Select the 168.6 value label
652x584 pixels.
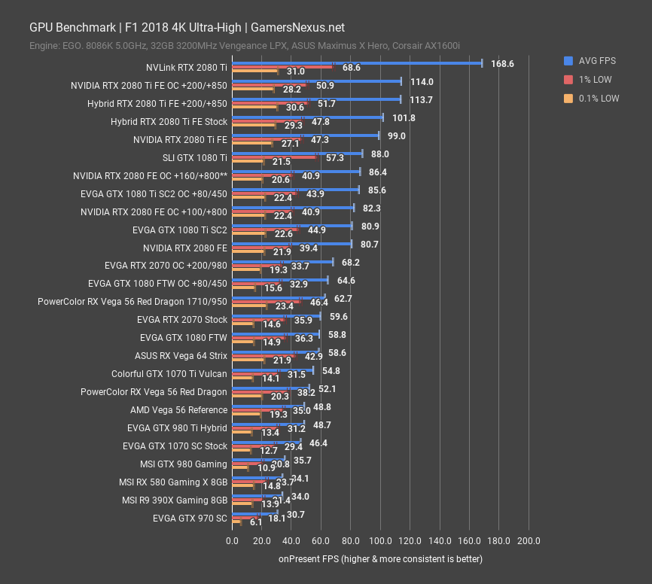tap(502, 64)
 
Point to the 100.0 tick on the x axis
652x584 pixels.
tap(380, 541)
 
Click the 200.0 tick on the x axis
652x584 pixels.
tap(529, 541)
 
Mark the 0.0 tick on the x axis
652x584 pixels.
tap(232, 541)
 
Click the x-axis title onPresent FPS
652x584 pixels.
tap(380, 559)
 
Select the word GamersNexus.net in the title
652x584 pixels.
tap(297, 27)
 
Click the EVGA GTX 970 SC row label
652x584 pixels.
tap(190, 518)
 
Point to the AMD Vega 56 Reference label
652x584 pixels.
tap(178, 410)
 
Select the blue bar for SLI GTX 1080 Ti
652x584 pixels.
tap(297, 154)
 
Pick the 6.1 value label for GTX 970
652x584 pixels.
tap(255, 522)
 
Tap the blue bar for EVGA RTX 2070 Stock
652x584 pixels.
tap(276, 316)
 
